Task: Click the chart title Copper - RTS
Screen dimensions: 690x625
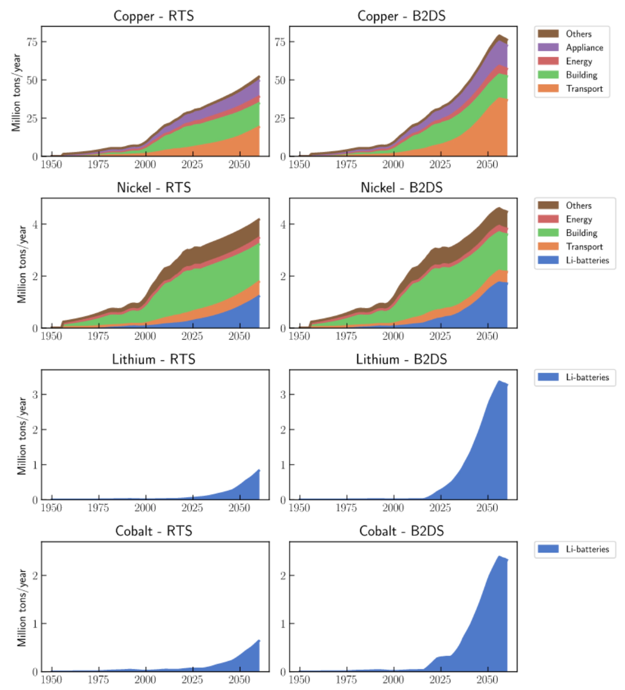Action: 153,16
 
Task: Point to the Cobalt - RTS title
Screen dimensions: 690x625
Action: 153,531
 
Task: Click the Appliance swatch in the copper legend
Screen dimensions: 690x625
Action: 548,47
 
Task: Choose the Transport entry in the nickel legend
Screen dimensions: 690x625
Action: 584,246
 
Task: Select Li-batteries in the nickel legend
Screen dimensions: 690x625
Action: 587,260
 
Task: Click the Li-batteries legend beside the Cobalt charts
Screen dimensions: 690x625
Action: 587,549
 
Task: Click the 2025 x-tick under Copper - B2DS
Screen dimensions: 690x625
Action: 440,165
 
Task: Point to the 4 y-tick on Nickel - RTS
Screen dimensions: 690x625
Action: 35,224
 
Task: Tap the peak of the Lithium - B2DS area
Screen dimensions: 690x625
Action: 499,381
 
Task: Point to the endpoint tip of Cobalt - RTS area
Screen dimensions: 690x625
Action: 259,640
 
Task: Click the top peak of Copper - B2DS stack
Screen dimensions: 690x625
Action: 499,35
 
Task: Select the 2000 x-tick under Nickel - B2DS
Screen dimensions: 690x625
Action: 393,336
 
